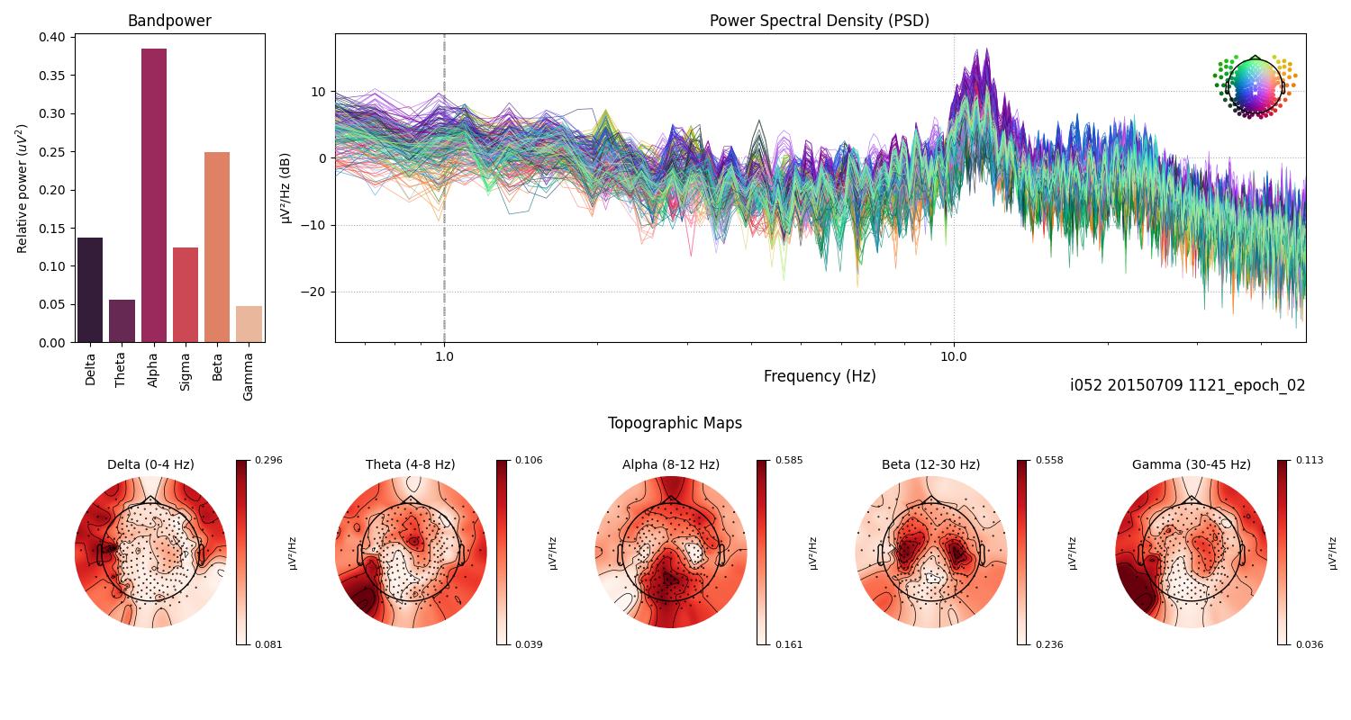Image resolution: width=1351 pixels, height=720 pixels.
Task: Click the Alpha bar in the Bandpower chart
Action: (x=154, y=195)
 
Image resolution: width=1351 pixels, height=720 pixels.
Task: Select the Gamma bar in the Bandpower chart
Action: (x=249, y=324)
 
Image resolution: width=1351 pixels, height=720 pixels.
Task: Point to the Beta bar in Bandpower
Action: (x=217, y=247)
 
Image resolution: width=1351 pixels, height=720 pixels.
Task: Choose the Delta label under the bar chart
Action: (x=90, y=368)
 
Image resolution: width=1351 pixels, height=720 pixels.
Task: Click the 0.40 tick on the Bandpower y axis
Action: (x=52, y=37)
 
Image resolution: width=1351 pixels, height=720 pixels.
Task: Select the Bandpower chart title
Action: (x=169, y=21)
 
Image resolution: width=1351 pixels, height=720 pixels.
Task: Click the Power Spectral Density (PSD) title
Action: (x=819, y=21)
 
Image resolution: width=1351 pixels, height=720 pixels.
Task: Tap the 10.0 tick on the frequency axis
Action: (x=954, y=355)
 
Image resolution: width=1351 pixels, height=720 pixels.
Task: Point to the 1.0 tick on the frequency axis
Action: (x=444, y=355)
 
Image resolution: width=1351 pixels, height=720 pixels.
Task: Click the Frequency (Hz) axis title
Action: (x=819, y=376)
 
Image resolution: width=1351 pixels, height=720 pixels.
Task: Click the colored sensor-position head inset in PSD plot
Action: (x=1254, y=86)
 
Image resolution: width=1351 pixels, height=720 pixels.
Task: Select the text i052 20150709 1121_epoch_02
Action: (x=1187, y=385)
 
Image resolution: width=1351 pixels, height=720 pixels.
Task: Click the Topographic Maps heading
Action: (x=675, y=423)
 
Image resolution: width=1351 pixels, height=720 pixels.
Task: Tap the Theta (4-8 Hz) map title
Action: (x=410, y=464)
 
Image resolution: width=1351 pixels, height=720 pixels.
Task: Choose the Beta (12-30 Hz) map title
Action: (x=930, y=464)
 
